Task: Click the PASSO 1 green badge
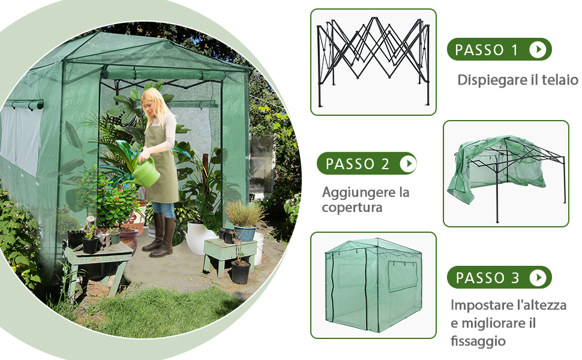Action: point(499,49)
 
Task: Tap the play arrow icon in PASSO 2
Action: point(408,163)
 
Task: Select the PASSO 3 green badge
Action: point(499,277)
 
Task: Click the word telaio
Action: point(560,80)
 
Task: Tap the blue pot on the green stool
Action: point(245,233)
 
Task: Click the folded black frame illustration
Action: point(373,62)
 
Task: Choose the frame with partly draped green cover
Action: point(506,175)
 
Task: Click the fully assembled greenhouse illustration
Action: point(373,285)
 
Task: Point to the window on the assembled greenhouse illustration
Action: point(403,276)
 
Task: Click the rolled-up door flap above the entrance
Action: point(163,74)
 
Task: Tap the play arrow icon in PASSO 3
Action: point(538,277)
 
